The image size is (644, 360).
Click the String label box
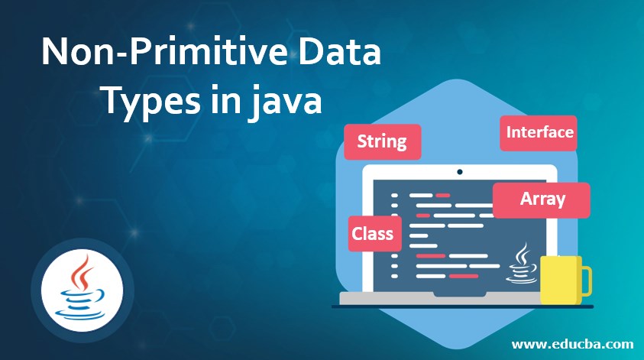point(382,141)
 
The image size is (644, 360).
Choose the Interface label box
point(539,132)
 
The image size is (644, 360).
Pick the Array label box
point(542,199)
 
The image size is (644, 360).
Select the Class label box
point(373,232)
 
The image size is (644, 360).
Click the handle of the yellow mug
point(586,281)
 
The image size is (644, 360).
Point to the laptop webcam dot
point(459,172)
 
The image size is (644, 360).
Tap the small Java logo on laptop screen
point(523,263)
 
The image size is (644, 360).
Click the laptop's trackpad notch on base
point(459,296)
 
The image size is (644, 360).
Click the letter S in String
point(363,141)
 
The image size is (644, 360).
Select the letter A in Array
point(526,199)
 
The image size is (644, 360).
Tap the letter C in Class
point(358,232)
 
